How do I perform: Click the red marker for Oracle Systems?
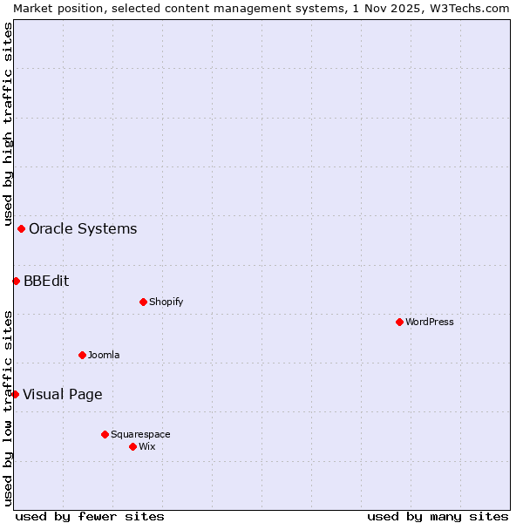pyautogui.click(x=22, y=229)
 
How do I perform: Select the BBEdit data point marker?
pyautogui.click(x=16, y=281)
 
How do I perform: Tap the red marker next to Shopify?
pyautogui.click(x=143, y=302)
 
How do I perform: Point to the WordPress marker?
pyautogui.click(x=399, y=323)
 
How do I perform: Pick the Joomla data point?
pyautogui.click(x=82, y=355)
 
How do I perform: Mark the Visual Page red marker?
pyautogui.click(x=15, y=394)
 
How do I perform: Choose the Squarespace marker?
pyautogui.click(x=105, y=434)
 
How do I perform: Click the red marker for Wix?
pyautogui.click(x=132, y=446)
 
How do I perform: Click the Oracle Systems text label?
pyautogui.click(x=83, y=229)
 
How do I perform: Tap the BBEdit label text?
pyautogui.click(x=46, y=281)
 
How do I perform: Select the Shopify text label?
pyautogui.click(x=166, y=302)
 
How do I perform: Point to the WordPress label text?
pyautogui.click(x=430, y=323)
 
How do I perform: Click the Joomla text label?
pyautogui.click(x=104, y=355)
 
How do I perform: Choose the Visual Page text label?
pyautogui.click(x=62, y=394)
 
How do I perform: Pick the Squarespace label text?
pyautogui.click(x=140, y=434)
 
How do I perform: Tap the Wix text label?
pyautogui.click(x=147, y=446)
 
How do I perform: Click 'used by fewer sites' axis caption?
pyautogui.click(x=90, y=516)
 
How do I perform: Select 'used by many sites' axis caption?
pyautogui.click(x=438, y=516)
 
